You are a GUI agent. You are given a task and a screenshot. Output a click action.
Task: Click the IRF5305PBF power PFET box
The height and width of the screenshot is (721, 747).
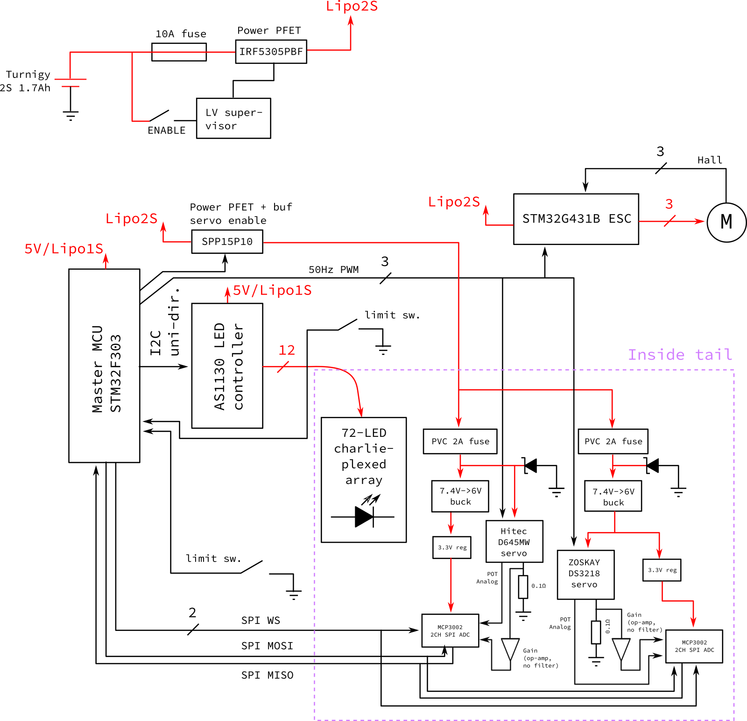[x=271, y=51]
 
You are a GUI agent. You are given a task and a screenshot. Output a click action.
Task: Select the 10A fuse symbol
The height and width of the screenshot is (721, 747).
[x=179, y=52]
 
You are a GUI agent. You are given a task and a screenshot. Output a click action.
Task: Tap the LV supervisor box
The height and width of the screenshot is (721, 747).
[x=233, y=118]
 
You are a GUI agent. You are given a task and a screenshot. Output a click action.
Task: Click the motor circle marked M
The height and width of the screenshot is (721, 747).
[x=726, y=222]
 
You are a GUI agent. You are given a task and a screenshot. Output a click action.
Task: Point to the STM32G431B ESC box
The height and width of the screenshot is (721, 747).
[x=576, y=219]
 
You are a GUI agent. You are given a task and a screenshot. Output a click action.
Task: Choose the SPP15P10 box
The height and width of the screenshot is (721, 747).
[x=227, y=242]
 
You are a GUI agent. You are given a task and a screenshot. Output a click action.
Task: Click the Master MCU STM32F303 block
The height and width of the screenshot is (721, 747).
[x=104, y=365]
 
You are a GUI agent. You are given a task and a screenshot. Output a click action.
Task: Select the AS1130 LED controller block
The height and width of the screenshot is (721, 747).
[x=227, y=365]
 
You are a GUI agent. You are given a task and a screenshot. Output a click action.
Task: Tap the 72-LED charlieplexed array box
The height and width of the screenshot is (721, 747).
[x=364, y=479]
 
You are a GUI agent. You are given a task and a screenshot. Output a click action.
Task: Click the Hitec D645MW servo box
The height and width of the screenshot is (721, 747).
[x=514, y=541]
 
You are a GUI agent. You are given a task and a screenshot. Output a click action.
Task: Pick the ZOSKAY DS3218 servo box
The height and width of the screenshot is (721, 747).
[x=585, y=574]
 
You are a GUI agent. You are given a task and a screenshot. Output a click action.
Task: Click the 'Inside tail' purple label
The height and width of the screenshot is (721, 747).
[x=680, y=355]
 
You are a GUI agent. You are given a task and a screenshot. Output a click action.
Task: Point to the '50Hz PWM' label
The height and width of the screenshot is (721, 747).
[x=333, y=270]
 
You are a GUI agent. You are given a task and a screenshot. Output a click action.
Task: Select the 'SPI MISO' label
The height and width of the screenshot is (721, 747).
[x=267, y=675]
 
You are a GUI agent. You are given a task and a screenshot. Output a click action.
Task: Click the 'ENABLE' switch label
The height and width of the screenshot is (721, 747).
[x=166, y=131]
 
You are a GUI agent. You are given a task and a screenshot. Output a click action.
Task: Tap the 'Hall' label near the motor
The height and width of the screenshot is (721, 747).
[x=710, y=160]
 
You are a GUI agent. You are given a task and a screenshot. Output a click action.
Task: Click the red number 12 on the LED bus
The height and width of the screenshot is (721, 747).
[x=287, y=350]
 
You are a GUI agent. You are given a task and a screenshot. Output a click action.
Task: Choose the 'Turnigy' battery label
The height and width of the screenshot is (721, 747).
[x=28, y=75]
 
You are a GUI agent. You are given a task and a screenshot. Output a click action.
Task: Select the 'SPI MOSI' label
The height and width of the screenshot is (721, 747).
[x=267, y=646]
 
